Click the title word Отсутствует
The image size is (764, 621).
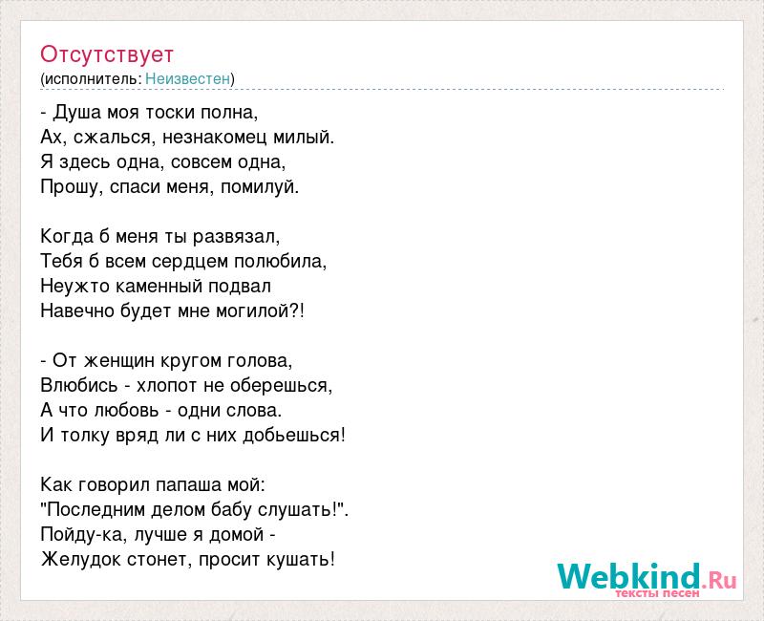tap(107, 54)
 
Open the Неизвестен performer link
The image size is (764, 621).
tap(187, 78)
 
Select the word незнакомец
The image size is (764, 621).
tap(215, 138)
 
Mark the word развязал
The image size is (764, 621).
tap(234, 237)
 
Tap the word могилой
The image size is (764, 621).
tap(253, 311)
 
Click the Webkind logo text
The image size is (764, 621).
tap(647, 576)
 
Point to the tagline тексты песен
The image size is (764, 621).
tap(657, 593)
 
